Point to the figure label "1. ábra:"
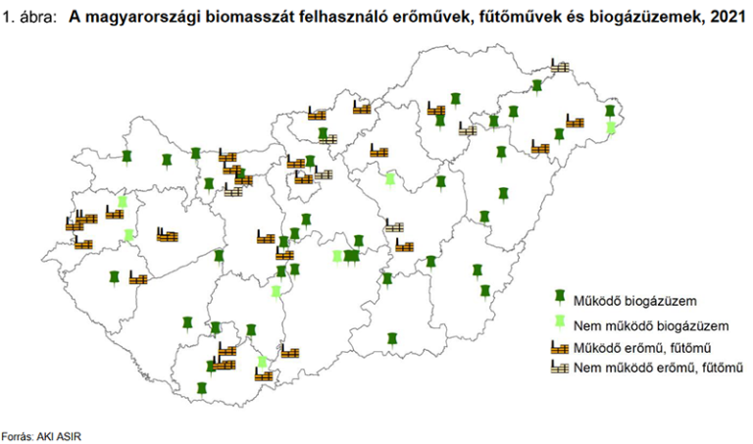pyautogui.click(x=30, y=17)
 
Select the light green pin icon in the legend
pyautogui.click(x=560, y=322)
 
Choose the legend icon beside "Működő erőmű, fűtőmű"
pyautogui.click(x=560, y=347)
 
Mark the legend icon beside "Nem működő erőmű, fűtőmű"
pyautogui.click(x=560, y=368)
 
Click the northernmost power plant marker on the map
pyautogui.click(x=559, y=66)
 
